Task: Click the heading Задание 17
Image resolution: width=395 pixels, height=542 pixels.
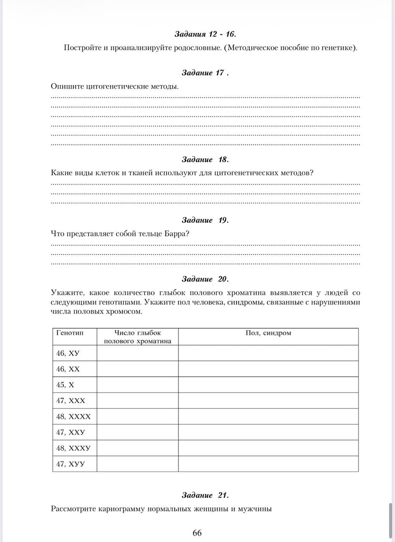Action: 205,73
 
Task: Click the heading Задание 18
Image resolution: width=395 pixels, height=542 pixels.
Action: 205,160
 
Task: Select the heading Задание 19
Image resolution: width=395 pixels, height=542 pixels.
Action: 205,220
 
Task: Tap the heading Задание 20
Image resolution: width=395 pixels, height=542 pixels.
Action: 205,279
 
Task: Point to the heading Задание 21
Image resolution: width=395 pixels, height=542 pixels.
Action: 205,495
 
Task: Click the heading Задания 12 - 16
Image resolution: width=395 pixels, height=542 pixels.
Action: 205,34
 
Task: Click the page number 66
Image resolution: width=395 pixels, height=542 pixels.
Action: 197,533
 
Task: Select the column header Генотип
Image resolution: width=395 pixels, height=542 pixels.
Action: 70,333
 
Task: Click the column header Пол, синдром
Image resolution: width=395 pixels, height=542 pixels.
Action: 268,333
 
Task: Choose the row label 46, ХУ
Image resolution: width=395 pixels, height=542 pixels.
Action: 68,353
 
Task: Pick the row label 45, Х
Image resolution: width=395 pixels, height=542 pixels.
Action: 65,384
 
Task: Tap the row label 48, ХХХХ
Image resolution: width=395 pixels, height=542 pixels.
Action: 73,417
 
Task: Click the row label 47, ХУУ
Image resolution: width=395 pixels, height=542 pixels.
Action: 70,464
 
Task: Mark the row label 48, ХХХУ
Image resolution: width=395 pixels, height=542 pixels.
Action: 73,448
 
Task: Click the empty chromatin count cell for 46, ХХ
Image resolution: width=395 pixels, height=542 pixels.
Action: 137,369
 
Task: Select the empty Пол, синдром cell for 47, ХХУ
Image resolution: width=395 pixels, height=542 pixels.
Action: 268,432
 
